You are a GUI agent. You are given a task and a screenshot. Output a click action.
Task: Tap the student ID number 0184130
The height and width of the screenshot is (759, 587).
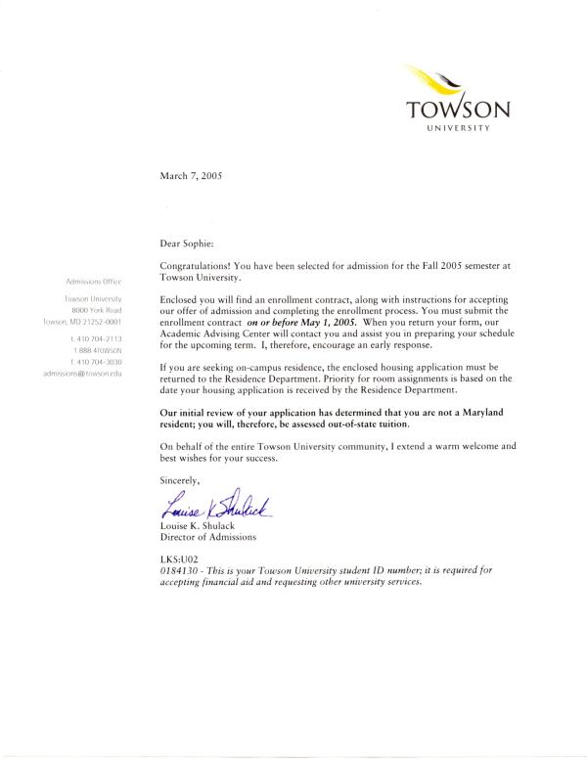179,568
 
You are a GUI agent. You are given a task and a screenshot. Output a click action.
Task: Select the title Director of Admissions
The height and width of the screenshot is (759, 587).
207,537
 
